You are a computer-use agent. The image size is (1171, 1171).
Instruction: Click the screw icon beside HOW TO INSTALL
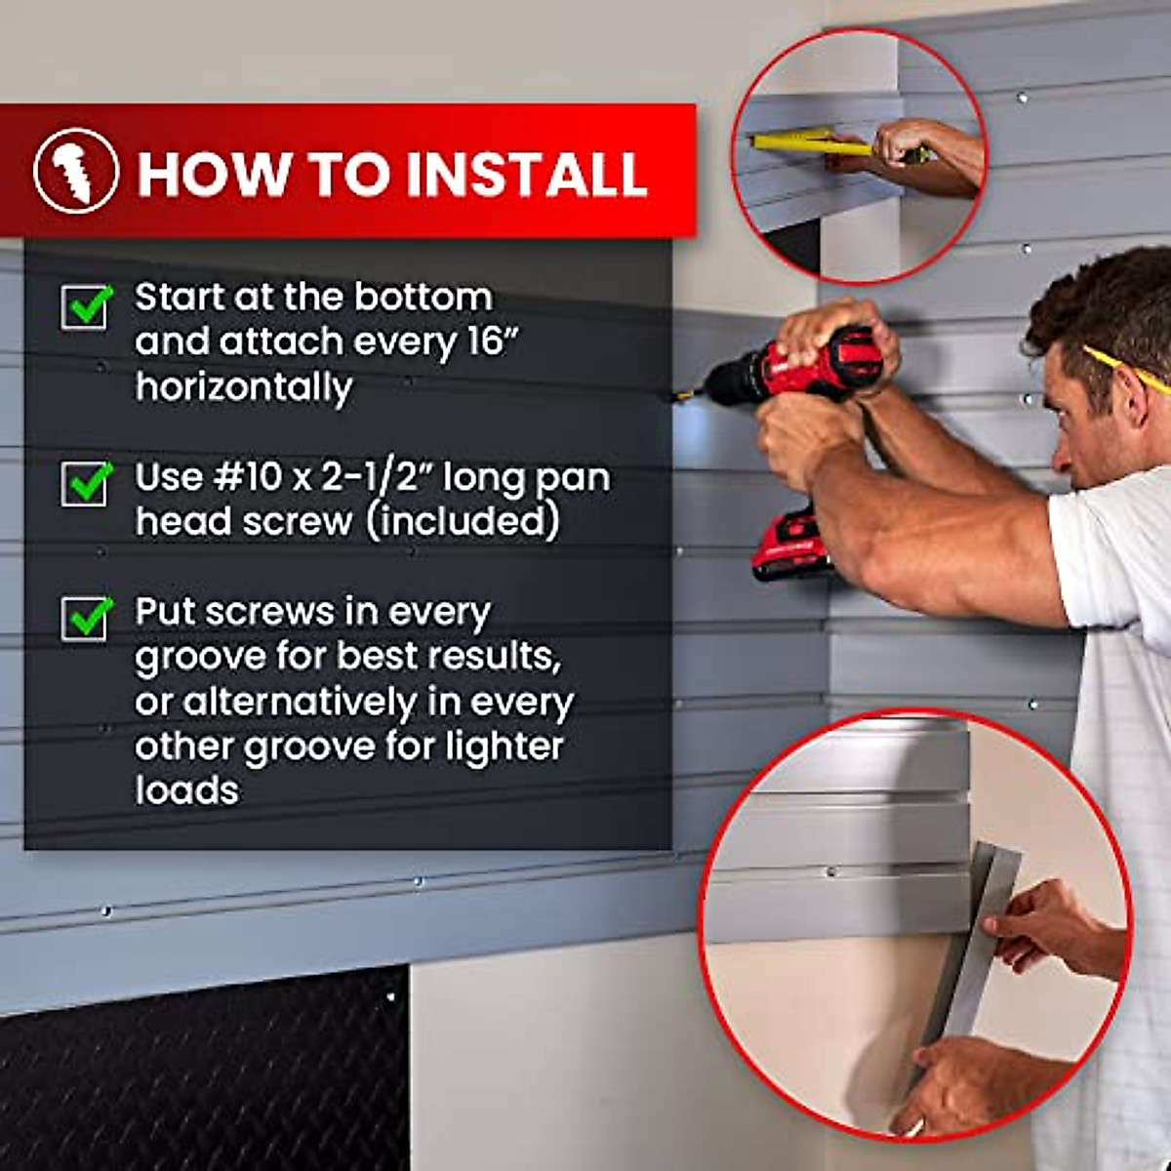coord(76,171)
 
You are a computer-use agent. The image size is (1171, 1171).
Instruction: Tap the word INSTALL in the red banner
coord(526,174)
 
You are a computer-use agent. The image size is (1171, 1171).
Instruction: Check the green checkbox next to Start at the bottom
coord(85,306)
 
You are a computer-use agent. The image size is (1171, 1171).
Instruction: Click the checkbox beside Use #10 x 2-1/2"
coord(85,483)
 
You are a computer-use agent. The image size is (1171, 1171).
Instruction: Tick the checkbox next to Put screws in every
coord(85,619)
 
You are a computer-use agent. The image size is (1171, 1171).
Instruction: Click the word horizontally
coord(243,387)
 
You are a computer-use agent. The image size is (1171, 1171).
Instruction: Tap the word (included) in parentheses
coord(463,521)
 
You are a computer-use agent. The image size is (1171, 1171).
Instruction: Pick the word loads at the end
coord(186,790)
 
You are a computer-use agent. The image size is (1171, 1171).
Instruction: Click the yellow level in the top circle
coord(800,143)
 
